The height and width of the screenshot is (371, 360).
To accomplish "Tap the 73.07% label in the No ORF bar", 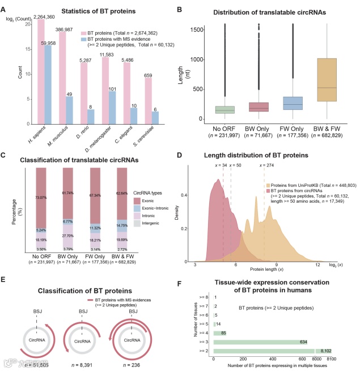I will [41, 182].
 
